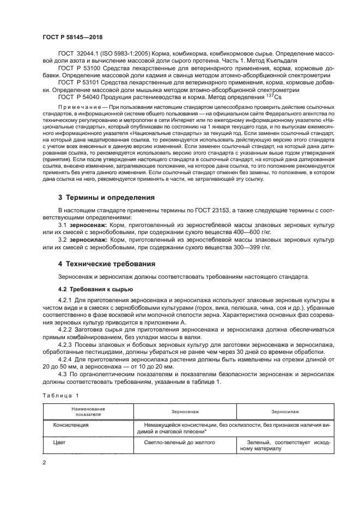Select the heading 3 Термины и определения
point(106,197)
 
